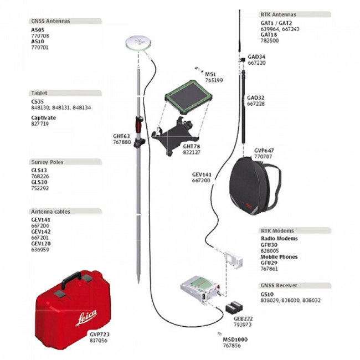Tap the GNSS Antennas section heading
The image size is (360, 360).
pyautogui.click(x=50, y=21)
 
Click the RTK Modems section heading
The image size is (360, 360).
pyautogui.click(x=277, y=230)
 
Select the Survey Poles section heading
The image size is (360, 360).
pyautogui.click(x=48, y=162)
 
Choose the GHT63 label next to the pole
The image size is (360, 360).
pyautogui.click(x=121, y=136)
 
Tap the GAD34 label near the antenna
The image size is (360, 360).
pyautogui.click(x=256, y=56)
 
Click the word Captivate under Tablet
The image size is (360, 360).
pyautogui.click(x=44, y=117)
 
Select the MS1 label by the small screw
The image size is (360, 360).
pyautogui.click(x=210, y=74)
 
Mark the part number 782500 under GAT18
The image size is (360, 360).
pyautogui.click(x=270, y=40)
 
